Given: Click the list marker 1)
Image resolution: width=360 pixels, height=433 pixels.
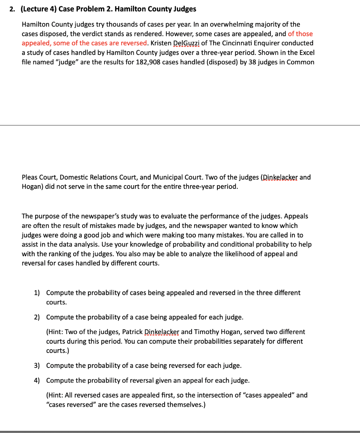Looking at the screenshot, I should tap(37, 293).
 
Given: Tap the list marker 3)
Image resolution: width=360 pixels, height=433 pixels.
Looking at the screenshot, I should tap(37, 365).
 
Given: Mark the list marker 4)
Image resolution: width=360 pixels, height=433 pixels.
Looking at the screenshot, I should tap(37, 380).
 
